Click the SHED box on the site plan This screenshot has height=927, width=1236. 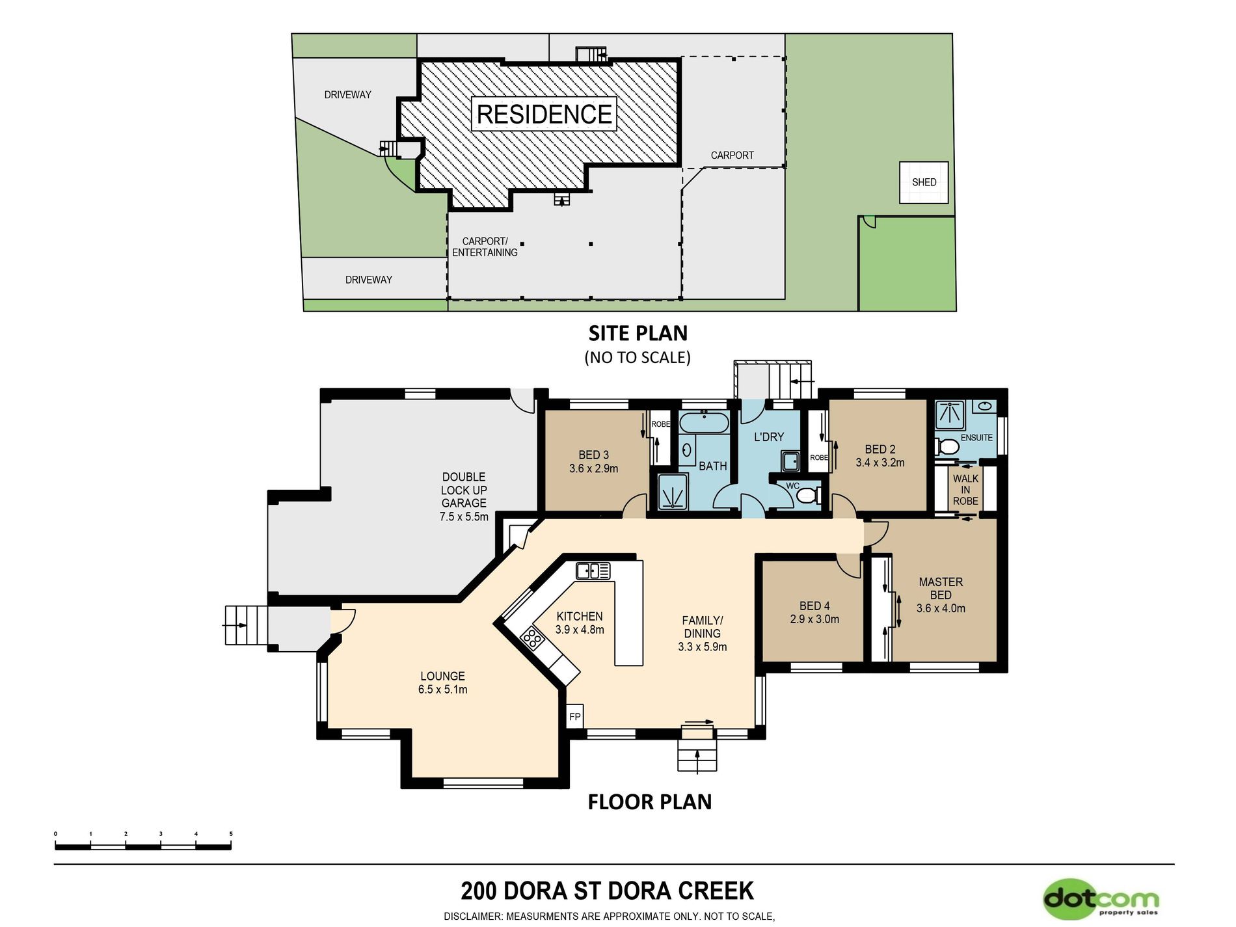(x=924, y=182)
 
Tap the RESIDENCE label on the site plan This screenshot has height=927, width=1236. (x=544, y=114)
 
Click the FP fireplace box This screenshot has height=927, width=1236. (x=575, y=716)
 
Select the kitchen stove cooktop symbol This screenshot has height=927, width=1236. (x=532, y=638)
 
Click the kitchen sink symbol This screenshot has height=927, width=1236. (x=593, y=571)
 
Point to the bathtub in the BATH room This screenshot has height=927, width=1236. (x=704, y=422)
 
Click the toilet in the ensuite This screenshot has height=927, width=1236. (x=947, y=447)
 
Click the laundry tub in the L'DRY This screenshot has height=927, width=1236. (x=791, y=461)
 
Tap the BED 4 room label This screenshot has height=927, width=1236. (x=814, y=606)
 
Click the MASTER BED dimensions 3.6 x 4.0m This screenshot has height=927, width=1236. (x=941, y=608)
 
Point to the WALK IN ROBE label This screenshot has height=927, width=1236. (x=965, y=490)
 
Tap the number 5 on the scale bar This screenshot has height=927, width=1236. (x=231, y=833)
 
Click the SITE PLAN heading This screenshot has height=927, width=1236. (x=638, y=333)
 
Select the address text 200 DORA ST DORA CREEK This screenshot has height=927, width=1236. (x=607, y=891)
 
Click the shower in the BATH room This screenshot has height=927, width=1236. (x=672, y=491)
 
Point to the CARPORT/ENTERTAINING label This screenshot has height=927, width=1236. (x=485, y=247)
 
